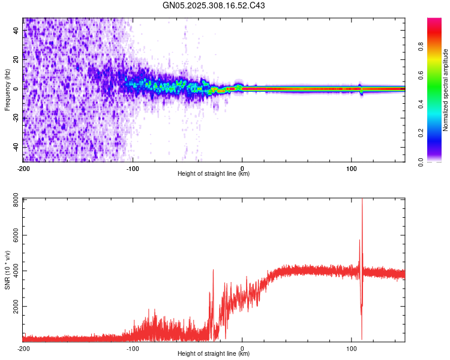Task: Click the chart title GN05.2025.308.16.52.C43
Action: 214,6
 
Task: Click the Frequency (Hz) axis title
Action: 7,89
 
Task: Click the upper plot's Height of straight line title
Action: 214,174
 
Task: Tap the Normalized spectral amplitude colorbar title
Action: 445,90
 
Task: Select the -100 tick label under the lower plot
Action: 133,348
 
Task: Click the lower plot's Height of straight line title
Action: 214,355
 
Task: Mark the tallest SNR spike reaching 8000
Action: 362,202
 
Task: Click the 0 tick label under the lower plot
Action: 242,348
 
